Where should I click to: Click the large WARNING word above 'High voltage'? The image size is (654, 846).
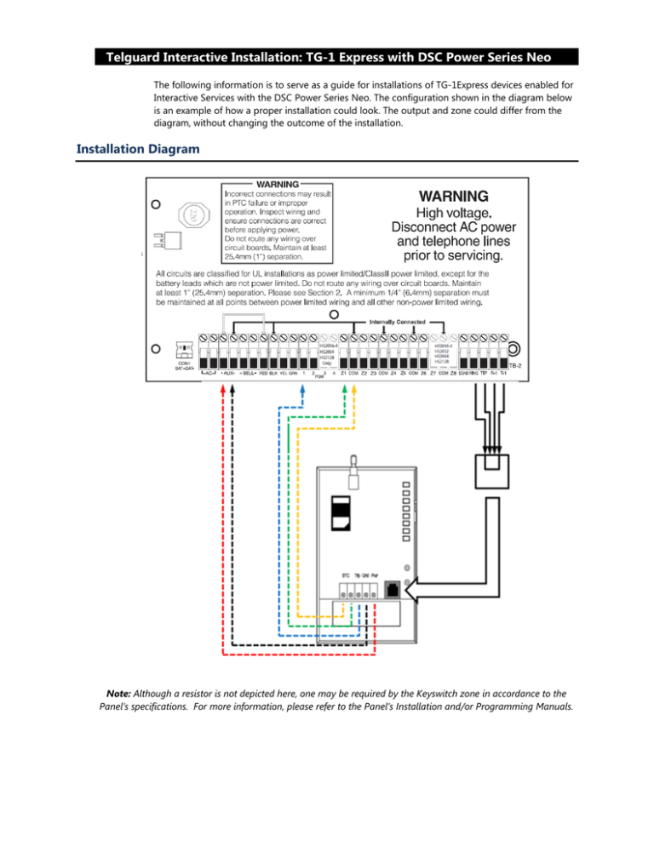click(x=452, y=195)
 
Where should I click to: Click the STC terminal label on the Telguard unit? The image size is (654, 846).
click(x=345, y=574)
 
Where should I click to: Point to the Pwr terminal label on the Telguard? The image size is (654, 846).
click(x=375, y=574)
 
